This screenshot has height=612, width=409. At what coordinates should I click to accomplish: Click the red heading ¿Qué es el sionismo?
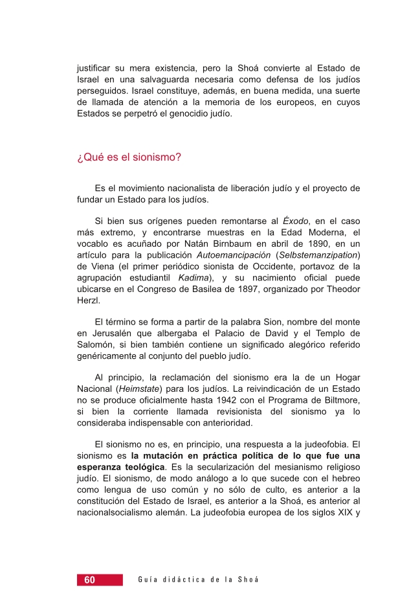point(128,157)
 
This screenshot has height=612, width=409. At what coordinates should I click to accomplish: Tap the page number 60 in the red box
point(89,580)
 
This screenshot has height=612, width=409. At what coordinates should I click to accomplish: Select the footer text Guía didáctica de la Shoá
point(198,580)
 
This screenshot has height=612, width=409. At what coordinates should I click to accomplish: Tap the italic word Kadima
point(191,278)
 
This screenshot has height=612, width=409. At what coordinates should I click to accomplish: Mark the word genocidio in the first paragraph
point(183,113)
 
